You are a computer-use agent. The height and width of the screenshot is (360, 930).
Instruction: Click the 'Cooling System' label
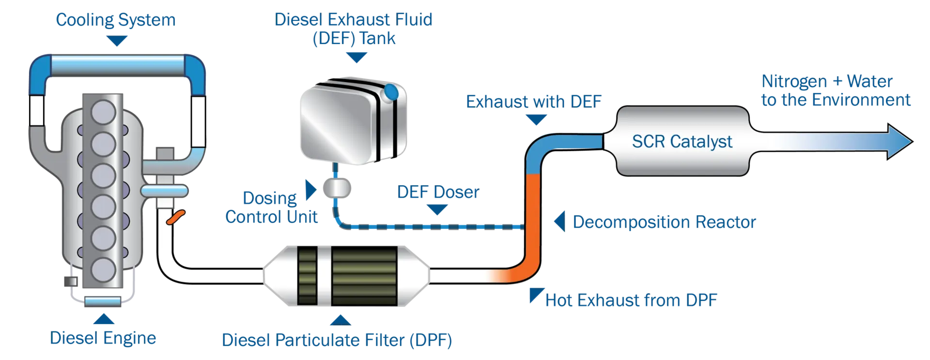[116, 20]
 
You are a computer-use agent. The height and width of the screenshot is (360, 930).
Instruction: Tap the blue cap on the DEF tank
[390, 92]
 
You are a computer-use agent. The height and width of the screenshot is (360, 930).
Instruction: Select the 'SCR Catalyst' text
[682, 141]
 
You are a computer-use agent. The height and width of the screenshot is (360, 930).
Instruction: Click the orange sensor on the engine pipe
[176, 217]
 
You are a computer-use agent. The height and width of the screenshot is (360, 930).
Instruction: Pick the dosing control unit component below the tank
[337, 188]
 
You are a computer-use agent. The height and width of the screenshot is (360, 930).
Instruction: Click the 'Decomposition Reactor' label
[664, 222]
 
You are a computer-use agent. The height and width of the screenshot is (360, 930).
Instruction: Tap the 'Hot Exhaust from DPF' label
[631, 300]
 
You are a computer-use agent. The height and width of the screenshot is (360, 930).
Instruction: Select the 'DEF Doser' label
[438, 192]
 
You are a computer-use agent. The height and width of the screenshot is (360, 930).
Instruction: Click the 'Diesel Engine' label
[103, 338]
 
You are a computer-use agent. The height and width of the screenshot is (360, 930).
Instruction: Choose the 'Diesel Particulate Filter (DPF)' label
[337, 340]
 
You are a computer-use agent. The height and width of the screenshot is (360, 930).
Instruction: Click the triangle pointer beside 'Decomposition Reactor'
[560, 221]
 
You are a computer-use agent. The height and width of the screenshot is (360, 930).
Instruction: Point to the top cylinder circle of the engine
[103, 112]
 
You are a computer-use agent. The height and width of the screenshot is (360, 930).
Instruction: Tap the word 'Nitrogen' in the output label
[794, 81]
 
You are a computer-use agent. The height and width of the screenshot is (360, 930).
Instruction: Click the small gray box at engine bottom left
[71, 281]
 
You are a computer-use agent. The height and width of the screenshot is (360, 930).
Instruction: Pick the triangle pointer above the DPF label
[341, 320]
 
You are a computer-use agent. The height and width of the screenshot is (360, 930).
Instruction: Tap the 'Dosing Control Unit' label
[271, 207]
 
